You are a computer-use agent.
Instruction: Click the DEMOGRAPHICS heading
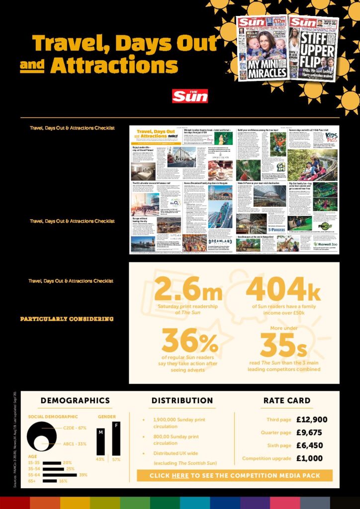point(75,401)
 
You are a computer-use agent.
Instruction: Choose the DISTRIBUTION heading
point(182,401)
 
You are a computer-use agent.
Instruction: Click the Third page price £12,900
point(312,420)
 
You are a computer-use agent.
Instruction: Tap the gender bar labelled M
point(101,442)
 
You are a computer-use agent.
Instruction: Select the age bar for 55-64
point(60,475)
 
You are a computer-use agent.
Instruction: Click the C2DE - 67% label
point(75,428)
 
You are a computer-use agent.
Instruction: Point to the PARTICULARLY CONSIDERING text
point(67,319)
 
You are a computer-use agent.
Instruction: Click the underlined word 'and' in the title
point(32,66)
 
